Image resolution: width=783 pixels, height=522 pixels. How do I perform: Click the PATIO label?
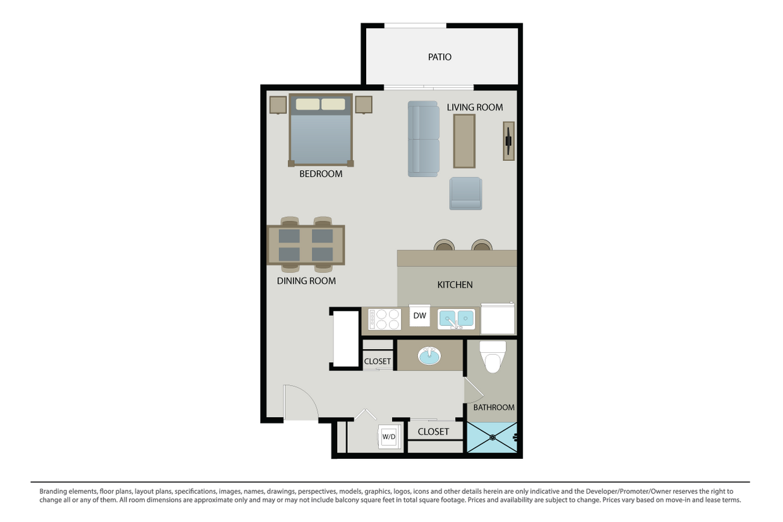pyautogui.click(x=439, y=57)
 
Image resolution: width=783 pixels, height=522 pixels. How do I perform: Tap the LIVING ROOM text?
pyautogui.click(x=475, y=107)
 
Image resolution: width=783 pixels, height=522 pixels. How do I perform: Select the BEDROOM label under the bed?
pyautogui.click(x=321, y=174)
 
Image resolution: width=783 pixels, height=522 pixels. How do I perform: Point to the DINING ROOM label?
pyautogui.click(x=306, y=281)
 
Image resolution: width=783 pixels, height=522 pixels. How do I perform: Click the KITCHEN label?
pyautogui.click(x=455, y=285)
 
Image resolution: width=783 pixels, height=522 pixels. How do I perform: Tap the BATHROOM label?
pyautogui.click(x=494, y=407)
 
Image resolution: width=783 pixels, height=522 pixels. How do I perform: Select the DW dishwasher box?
pyautogui.click(x=419, y=316)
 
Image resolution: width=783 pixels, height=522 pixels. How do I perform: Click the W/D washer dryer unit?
pyautogui.click(x=388, y=436)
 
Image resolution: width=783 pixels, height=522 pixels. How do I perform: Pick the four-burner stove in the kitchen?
pyautogui.click(x=385, y=319)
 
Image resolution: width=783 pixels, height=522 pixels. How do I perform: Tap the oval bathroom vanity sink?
pyautogui.click(x=430, y=355)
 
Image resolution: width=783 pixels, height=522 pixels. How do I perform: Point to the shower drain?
pyautogui.click(x=492, y=437)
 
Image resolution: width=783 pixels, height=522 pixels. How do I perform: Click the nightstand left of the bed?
pyautogui.click(x=278, y=105)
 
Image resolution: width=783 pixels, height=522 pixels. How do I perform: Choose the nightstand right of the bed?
pyautogui.click(x=363, y=105)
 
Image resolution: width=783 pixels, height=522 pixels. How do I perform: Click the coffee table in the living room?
pyautogui.click(x=464, y=141)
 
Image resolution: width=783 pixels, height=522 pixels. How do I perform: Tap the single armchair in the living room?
pyautogui.click(x=465, y=193)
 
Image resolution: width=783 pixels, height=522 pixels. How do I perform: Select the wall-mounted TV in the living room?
pyautogui.click(x=508, y=141)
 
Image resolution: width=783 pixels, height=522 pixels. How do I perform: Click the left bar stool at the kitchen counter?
pyautogui.click(x=444, y=245)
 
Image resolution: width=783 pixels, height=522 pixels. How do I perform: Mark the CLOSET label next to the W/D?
pyautogui.click(x=433, y=432)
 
